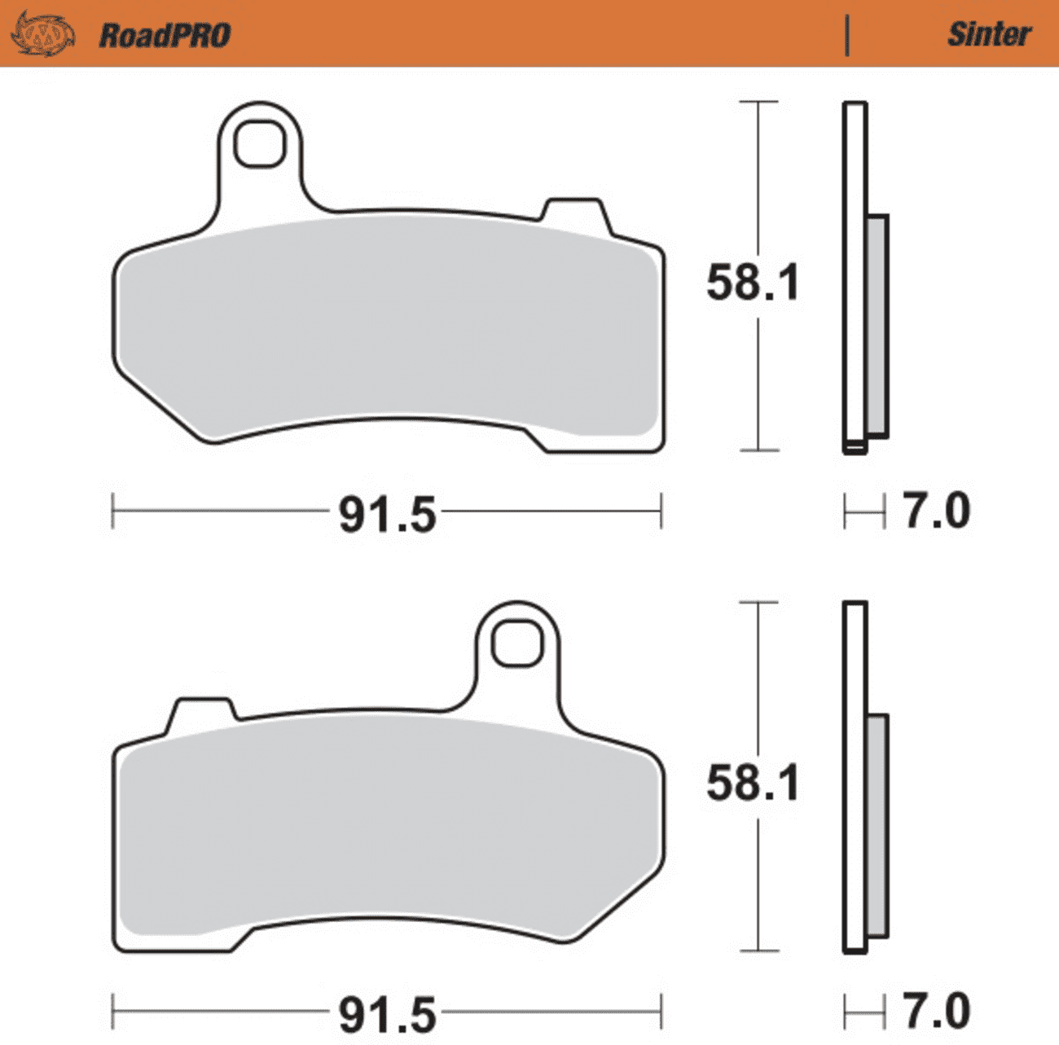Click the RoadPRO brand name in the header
(x=165, y=35)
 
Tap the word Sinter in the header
(x=989, y=34)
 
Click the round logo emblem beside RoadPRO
(x=42, y=35)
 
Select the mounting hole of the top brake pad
(x=259, y=143)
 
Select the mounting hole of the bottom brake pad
(x=516, y=643)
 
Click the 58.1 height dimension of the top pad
(x=753, y=283)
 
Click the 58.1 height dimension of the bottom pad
(x=753, y=783)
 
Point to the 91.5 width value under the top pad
(x=388, y=515)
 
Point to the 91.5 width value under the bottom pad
(x=388, y=1015)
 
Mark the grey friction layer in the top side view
(x=877, y=326)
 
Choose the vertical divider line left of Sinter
(x=847, y=35)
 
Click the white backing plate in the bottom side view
(x=855, y=774)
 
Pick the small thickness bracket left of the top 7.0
(x=864, y=512)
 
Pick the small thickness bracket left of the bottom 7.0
(x=864, y=1012)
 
